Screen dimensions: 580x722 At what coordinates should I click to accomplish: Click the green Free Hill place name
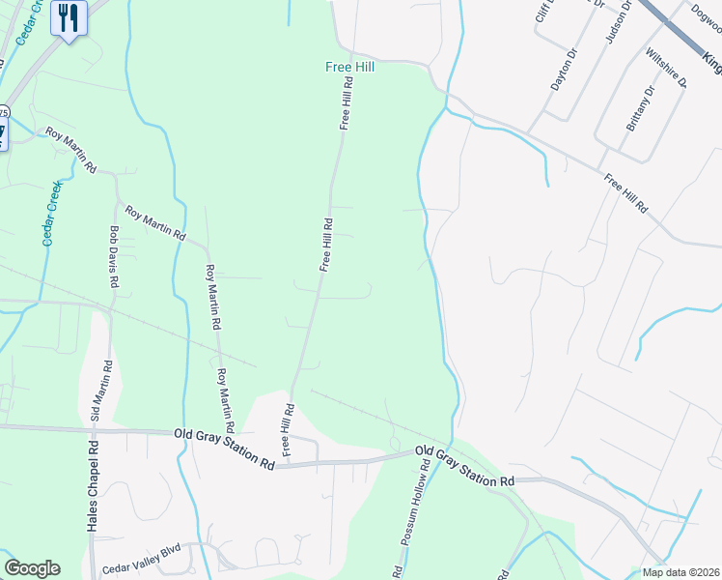[x=348, y=68]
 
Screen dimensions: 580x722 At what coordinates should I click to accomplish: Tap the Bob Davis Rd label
[x=114, y=257]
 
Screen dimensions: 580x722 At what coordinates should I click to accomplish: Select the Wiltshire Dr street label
[x=666, y=68]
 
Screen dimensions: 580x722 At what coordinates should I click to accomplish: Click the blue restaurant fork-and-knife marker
[x=69, y=18]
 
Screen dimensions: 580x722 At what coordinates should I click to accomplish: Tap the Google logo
[x=32, y=568]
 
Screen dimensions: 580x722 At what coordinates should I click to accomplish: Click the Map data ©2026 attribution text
[x=681, y=572]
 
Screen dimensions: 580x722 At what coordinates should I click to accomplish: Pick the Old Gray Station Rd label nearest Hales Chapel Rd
[x=224, y=449]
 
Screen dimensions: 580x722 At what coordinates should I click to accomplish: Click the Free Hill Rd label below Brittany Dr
[x=626, y=194]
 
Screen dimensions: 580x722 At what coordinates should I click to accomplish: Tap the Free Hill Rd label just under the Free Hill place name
[x=345, y=104]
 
